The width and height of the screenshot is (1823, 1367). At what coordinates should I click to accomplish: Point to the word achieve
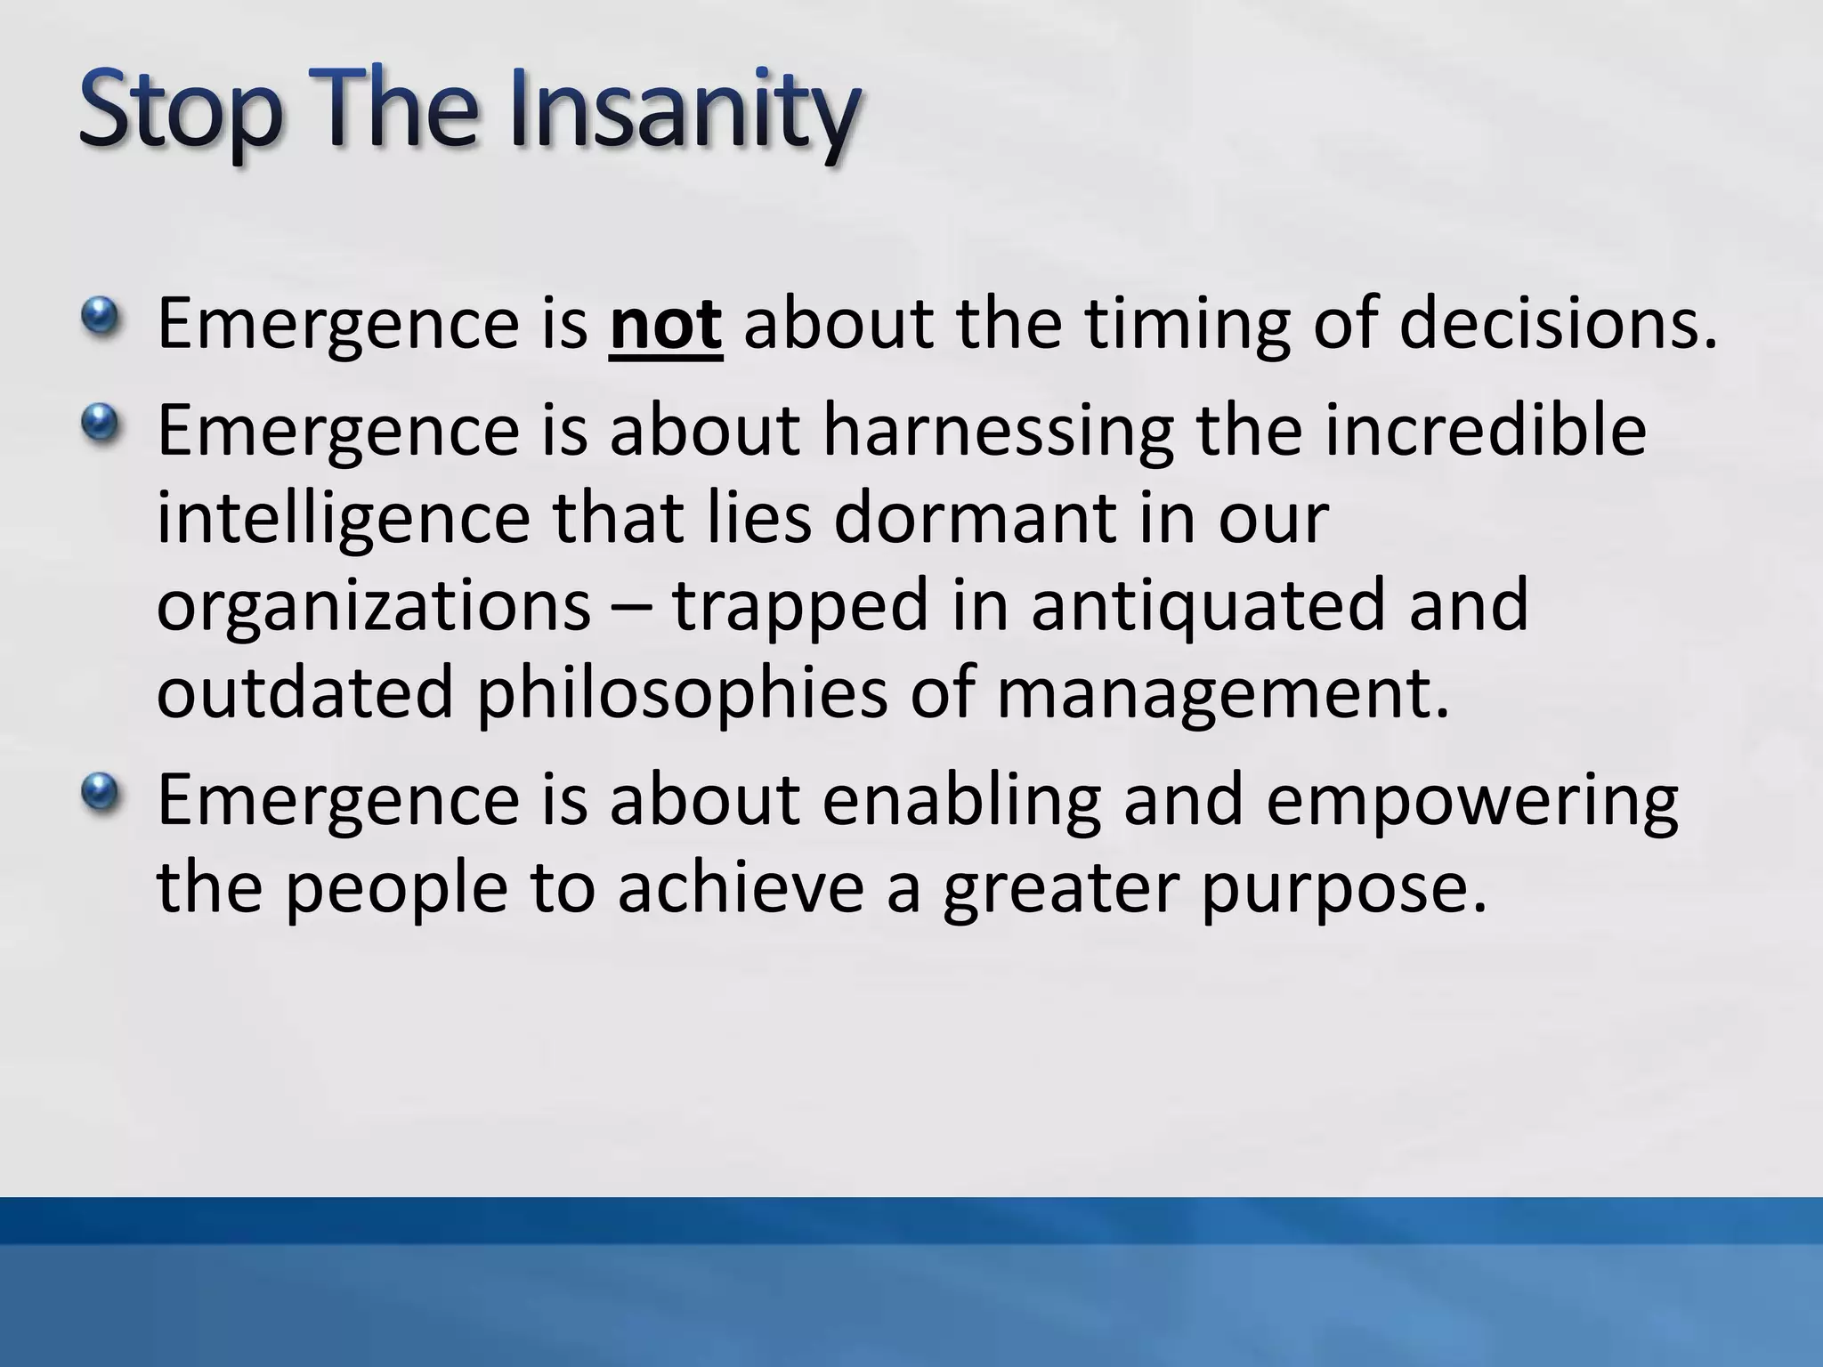coord(740,887)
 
